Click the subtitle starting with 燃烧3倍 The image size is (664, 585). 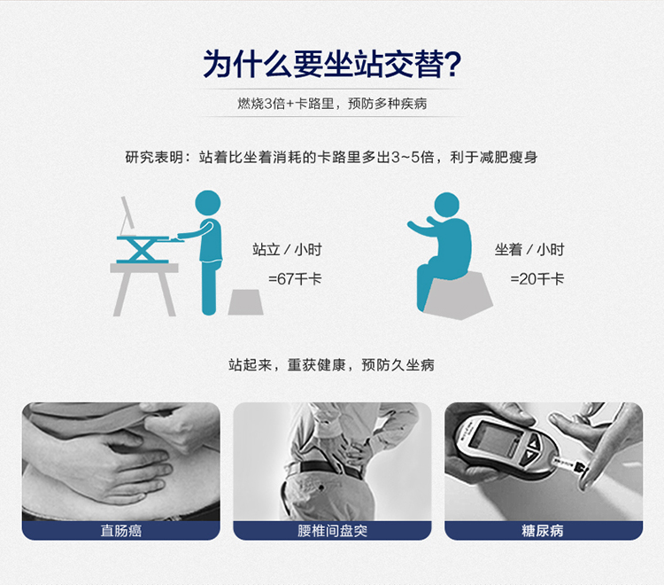point(332,104)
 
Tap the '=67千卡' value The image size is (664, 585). point(295,279)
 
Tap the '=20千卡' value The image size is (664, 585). point(537,279)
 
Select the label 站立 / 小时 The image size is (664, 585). point(287,249)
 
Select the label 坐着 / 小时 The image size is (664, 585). point(529,249)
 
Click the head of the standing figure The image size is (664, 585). point(207,203)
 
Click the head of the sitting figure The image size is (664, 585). point(447,205)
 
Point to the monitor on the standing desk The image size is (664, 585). point(127,215)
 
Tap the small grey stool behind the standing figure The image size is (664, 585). point(245,302)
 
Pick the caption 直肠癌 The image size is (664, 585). point(121,531)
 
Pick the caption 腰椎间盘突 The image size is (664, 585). point(332,531)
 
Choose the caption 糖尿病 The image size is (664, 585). point(543,531)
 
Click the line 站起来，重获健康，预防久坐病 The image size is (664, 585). point(332,365)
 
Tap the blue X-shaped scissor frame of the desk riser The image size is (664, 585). point(141,250)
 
